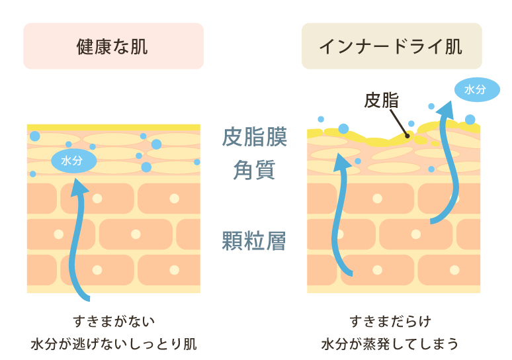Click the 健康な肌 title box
(113, 46)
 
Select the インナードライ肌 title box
(392, 46)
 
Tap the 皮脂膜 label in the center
(254, 138)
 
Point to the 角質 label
(254, 169)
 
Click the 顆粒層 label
(254, 241)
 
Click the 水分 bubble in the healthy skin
(73, 161)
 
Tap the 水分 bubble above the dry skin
(476, 90)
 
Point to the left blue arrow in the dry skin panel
(343, 212)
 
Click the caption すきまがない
(114, 322)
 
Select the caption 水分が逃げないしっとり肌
(114, 344)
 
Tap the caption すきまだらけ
(391, 322)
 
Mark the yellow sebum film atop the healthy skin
(113, 127)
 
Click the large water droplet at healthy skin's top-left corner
(34, 136)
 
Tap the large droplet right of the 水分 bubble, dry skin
(470, 120)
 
